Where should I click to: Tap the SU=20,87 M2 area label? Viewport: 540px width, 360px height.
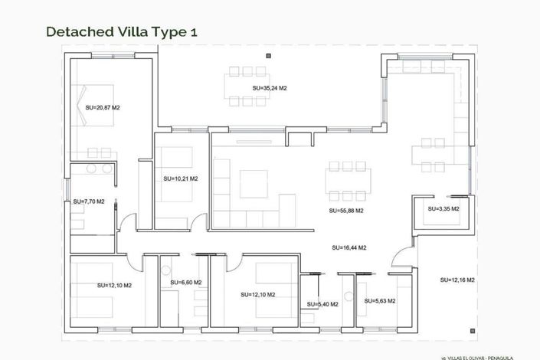103,108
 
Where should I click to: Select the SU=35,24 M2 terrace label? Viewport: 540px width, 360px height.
269,89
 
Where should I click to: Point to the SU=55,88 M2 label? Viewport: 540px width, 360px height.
345,211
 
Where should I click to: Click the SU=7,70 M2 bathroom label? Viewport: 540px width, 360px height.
89,201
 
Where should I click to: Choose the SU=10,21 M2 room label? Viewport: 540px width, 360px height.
180,178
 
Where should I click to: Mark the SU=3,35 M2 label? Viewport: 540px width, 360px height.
443,208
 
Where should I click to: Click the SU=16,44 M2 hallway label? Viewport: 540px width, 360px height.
349,248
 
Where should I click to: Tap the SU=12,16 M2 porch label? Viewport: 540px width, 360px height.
457,280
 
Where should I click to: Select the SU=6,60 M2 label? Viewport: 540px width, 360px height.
185,283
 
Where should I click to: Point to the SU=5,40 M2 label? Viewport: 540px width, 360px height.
322,305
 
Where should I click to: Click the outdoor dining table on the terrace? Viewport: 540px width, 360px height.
247,85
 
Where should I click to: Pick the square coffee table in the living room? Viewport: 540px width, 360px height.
253,183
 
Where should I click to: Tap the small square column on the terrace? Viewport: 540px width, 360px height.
267,57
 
